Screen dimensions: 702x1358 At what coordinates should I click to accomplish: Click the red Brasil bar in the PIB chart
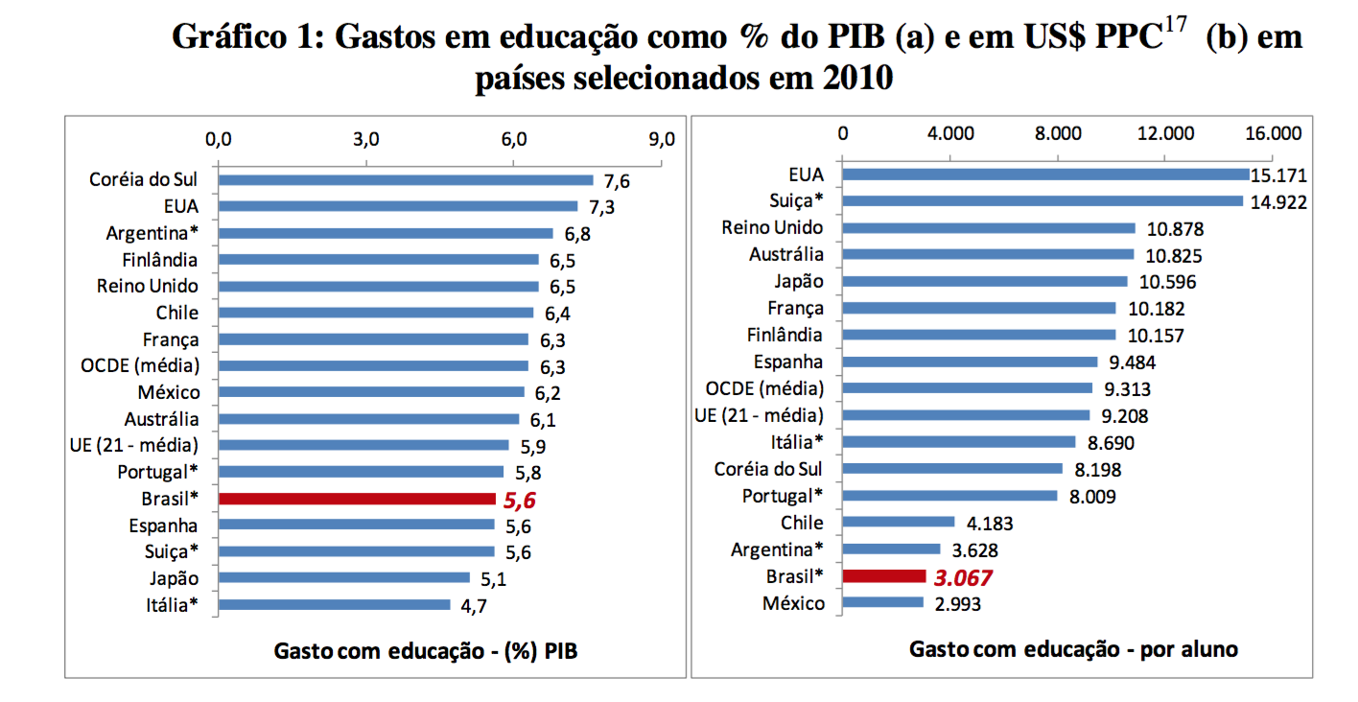(x=357, y=499)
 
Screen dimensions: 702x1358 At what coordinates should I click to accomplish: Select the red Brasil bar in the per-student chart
(x=884, y=576)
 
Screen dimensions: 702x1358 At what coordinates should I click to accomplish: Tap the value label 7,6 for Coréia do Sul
(x=615, y=180)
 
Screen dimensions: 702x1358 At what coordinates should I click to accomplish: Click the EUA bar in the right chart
(x=1045, y=175)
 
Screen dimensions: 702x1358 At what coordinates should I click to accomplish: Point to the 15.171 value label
(x=1279, y=175)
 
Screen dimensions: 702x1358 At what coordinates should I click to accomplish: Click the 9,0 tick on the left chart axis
(x=662, y=139)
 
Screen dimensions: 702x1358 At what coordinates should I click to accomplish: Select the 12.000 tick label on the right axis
(x=1166, y=133)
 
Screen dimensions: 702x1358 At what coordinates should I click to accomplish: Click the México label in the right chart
(x=792, y=603)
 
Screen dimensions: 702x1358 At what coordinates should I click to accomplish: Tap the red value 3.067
(x=962, y=577)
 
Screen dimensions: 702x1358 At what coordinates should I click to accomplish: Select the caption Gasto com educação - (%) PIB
(x=427, y=651)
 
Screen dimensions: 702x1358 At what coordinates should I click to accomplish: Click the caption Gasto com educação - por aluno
(x=1073, y=649)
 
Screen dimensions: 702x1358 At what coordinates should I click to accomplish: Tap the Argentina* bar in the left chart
(x=386, y=233)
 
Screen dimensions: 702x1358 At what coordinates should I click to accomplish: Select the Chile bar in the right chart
(x=899, y=523)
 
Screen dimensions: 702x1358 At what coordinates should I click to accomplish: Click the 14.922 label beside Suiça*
(x=1278, y=202)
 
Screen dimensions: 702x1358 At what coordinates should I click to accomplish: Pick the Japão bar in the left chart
(x=344, y=578)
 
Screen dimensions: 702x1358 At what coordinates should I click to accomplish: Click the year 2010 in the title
(x=855, y=79)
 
